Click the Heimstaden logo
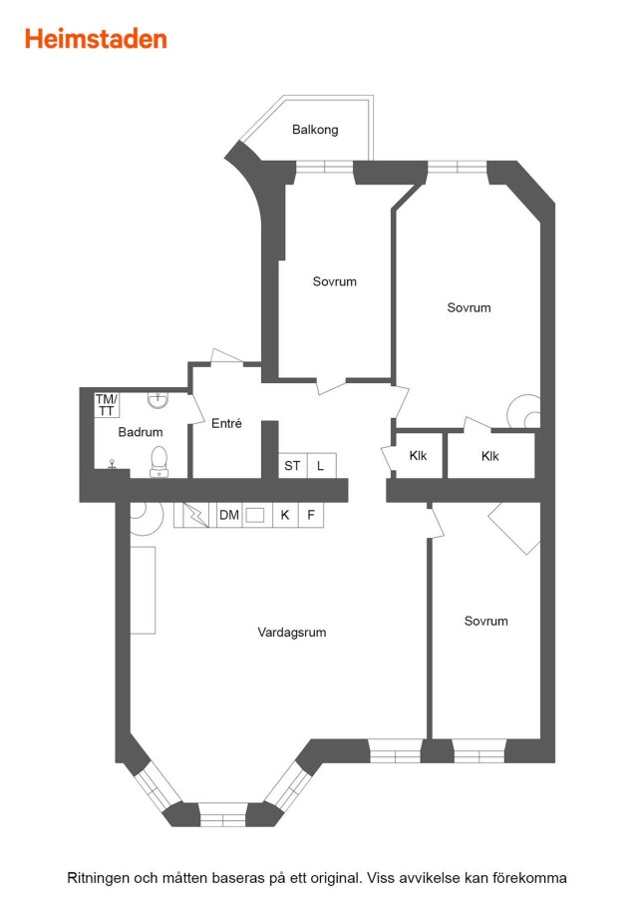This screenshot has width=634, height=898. pyautogui.click(x=96, y=39)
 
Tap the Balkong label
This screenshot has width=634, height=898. pyautogui.click(x=315, y=130)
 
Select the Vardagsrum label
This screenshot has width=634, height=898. pyautogui.click(x=292, y=633)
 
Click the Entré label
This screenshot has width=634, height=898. pyautogui.click(x=226, y=423)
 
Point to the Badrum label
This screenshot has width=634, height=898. pyautogui.click(x=141, y=432)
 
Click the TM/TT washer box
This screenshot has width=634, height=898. pyautogui.click(x=107, y=405)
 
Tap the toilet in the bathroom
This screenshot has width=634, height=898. pyautogui.click(x=159, y=462)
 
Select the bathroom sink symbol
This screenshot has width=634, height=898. pyautogui.click(x=158, y=399)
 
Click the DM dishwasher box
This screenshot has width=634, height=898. pyautogui.click(x=229, y=515)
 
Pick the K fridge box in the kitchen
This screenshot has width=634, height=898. pyautogui.click(x=285, y=515)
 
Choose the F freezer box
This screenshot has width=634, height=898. pyautogui.click(x=311, y=515)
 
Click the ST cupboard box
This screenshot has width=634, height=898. pyautogui.click(x=292, y=465)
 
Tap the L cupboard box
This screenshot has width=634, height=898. pyautogui.click(x=321, y=465)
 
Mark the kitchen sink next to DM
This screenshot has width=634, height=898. pyautogui.click(x=255, y=515)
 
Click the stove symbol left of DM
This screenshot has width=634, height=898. pyautogui.click(x=195, y=515)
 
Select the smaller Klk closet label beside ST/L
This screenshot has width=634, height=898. pyautogui.click(x=419, y=456)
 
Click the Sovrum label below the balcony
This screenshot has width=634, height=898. pyautogui.click(x=334, y=281)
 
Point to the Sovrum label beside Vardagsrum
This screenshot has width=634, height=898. pyautogui.click(x=485, y=621)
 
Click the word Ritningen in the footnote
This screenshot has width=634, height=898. pyautogui.click(x=98, y=878)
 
